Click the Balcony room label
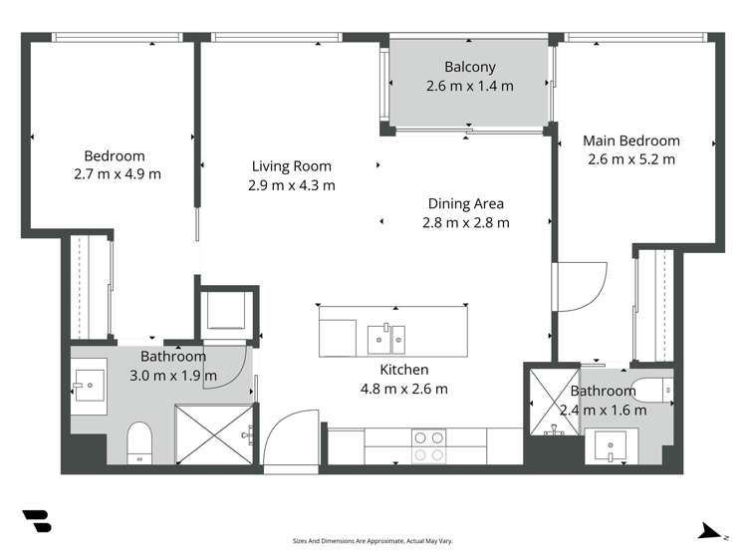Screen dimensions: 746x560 (x=469, y=67)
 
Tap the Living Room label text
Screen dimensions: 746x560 (x=291, y=166)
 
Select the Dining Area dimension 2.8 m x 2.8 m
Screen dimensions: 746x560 (x=466, y=222)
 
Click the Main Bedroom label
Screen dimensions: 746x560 (x=630, y=140)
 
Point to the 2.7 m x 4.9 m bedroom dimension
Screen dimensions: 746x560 (x=118, y=174)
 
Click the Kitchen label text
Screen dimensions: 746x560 (x=404, y=370)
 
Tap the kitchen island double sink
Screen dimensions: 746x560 (x=385, y=339)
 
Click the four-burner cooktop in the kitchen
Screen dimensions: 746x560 (x=428, y=445)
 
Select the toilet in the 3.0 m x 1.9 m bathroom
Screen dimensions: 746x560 (x=139, y=442)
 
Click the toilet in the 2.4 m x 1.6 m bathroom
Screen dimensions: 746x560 (x=652, y=390)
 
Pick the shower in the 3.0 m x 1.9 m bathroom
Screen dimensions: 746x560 (x=214, y=433)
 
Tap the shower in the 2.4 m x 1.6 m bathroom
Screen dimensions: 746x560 (x=554, y=402)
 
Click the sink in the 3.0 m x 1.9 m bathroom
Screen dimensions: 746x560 (x=89, y=386)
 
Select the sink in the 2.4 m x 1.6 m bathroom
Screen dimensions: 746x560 (x=611, y=445)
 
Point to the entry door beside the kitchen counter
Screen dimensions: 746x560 (x=291, y=441)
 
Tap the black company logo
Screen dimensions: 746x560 (x=37, y=521)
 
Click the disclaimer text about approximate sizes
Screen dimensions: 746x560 (x=373, y=541)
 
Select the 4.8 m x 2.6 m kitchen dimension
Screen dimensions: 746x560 (x=404, y=390)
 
